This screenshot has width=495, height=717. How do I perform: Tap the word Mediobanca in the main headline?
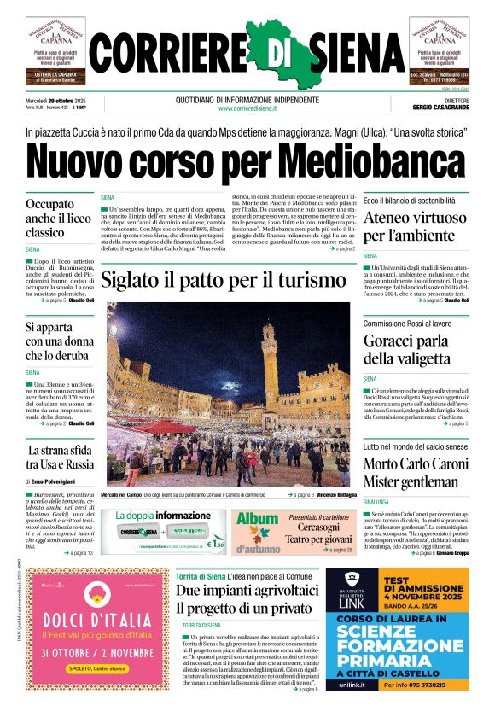(x=372, y=160)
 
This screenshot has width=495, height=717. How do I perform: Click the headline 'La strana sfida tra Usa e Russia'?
(x=60, y=457)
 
